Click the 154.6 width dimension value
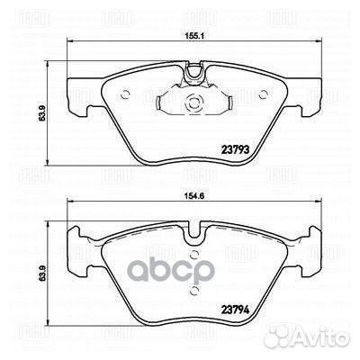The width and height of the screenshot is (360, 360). (x=193, y=196)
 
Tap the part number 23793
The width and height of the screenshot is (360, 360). (x=236, y=149)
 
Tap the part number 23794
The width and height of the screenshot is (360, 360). (x=236, y=310)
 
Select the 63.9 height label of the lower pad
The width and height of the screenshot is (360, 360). (x=41, y=274)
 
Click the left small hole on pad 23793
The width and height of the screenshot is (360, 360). (x=125, y=95)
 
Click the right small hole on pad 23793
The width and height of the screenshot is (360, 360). (x=264, y=94)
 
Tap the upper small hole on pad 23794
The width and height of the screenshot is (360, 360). (x=194, y=256)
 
